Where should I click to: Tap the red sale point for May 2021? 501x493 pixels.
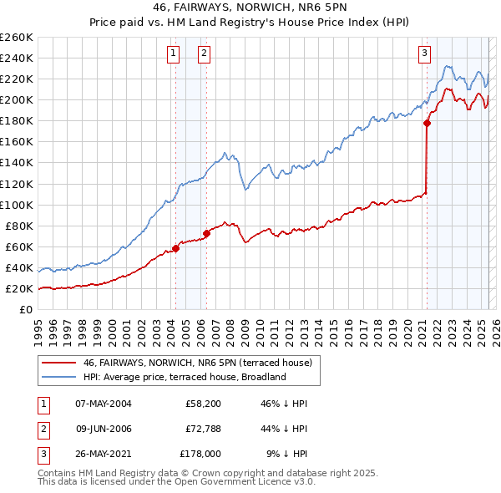click(x=427, y=123)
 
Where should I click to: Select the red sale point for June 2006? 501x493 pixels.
click(x=206, y=233)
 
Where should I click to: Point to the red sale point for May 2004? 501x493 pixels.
click(x=176, y=248)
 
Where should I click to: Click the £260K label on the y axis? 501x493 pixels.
click(x=16, y=37)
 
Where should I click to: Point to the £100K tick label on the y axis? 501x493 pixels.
click(x=16, y=205)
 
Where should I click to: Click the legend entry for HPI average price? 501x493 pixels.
click(x=185, y=377)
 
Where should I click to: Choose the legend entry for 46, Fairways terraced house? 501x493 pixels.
click(x=197, y=363)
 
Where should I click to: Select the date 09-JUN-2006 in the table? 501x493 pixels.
click(x=104, y=429)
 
